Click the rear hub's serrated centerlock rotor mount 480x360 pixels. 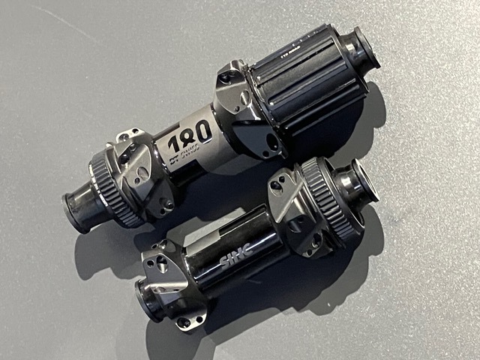pyautogui.click(x=112, y=185)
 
